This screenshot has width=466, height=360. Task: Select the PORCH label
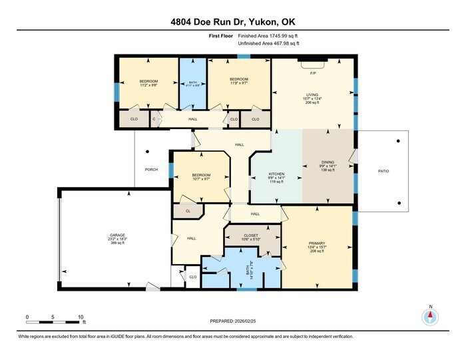click(x=152, y=169)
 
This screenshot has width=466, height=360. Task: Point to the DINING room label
click(x=328, y=162)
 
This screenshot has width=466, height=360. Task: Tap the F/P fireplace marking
click(x=313, y=72)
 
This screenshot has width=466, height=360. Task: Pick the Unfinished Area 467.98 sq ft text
click(x=268, y=43)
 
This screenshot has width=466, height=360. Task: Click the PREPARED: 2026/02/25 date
click(x=232, y=321)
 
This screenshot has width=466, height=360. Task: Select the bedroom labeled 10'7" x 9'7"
click(x=201, y=176)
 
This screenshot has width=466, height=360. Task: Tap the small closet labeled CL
click(x=188, y=211)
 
